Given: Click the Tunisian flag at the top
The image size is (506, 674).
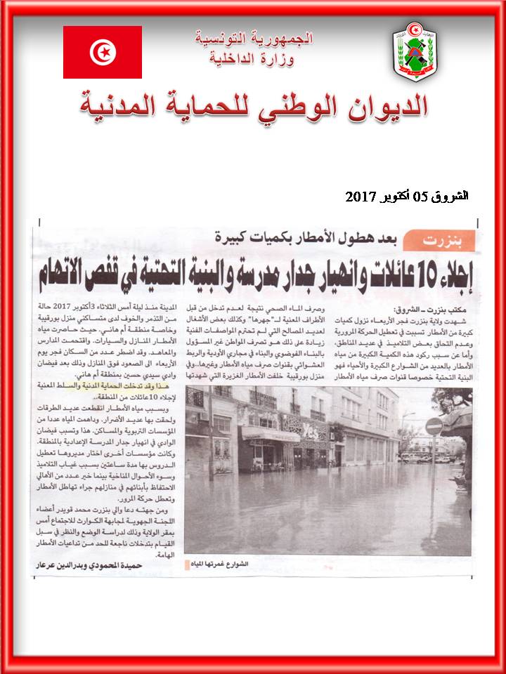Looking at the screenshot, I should tap(103, 52).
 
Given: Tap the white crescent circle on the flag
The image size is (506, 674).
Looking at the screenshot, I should tap(103, 52).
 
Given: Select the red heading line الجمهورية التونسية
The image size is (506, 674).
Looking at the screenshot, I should tap(254, 38).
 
